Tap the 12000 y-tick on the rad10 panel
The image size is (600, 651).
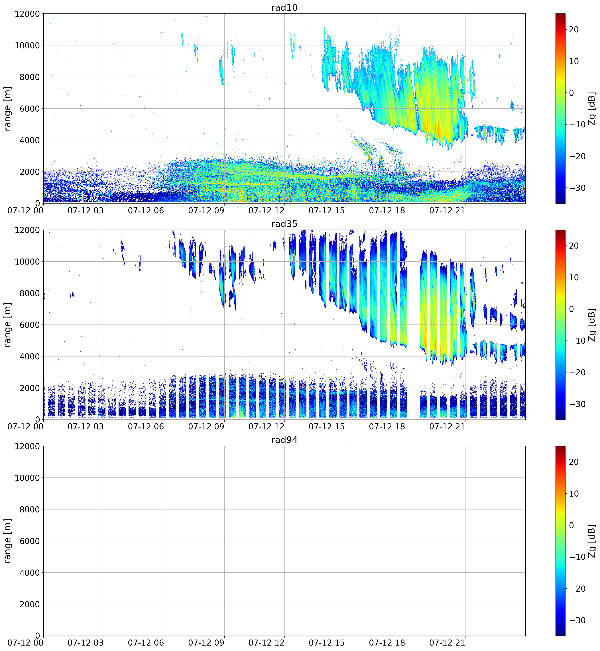click(27, 14)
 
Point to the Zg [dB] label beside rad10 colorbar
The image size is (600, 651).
click(592, 108)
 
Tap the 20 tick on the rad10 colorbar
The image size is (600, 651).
click(574, 30)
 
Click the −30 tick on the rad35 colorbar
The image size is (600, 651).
click(576, 404)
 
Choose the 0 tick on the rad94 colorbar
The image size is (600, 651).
click(571, 525)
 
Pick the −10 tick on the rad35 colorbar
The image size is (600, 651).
click(576, 341)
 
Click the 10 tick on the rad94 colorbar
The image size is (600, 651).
click(574, 493)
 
